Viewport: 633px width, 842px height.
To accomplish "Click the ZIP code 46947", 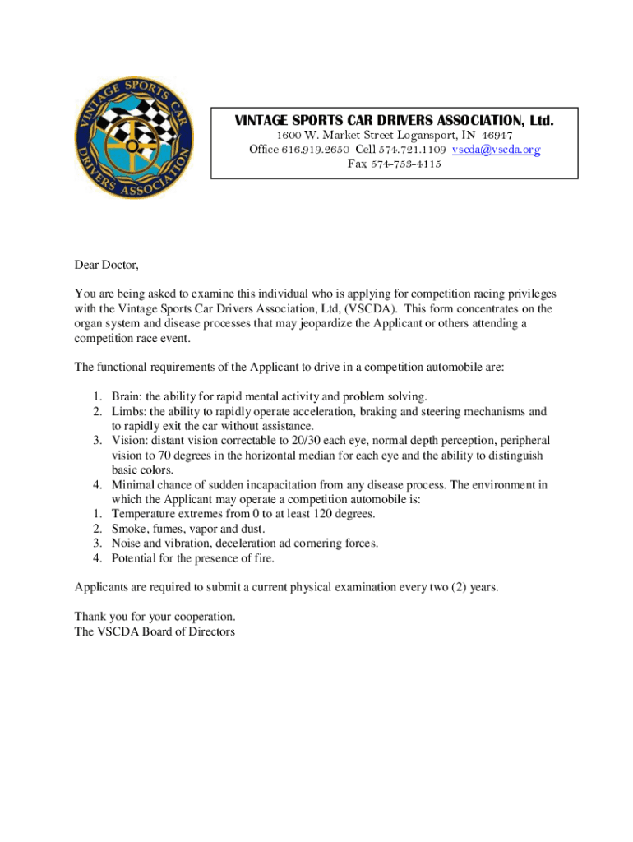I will [497, 136].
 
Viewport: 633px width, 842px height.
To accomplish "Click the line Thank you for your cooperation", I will [155, 617].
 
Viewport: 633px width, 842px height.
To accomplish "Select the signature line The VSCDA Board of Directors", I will [155, 631].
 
